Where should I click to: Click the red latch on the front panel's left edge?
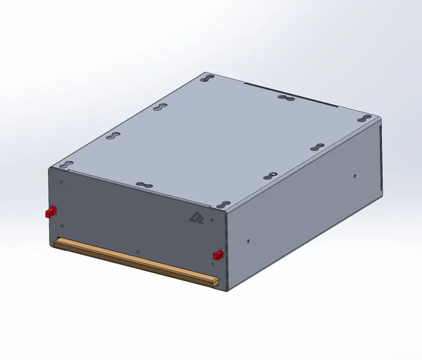click(51, 212)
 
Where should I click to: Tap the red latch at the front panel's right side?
click(218, 255)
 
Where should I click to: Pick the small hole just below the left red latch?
click(62, 226)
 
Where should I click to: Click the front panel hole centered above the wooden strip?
click(138, 251)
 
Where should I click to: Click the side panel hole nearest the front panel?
click(248, 242)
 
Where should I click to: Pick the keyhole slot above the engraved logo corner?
click(222, 204)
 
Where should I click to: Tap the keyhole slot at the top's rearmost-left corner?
click(208, 78)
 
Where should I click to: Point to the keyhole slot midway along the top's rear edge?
click(286, 99)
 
